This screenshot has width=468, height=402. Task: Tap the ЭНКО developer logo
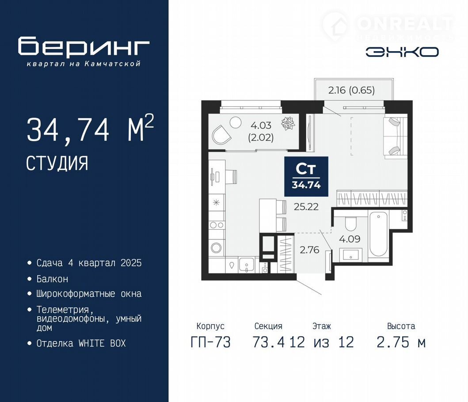(402, 52)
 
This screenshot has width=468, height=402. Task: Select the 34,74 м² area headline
(90, 129)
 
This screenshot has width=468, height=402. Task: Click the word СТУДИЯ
(57, 163)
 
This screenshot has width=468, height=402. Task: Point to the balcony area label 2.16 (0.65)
(351, 90)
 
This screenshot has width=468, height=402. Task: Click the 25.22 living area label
(306, 206)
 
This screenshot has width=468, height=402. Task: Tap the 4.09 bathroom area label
(350, 239)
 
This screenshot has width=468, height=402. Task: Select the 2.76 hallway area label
(309, 250)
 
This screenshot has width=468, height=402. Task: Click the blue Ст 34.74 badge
(306, 176)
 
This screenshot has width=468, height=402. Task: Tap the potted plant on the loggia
(288, 123)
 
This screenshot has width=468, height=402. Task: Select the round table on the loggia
(235, 122)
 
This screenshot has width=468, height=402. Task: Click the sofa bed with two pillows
(395, 136)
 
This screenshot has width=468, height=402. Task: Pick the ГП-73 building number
(210, 342)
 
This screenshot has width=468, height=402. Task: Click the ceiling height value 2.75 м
(401, 342)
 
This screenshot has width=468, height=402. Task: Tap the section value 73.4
(268, 342)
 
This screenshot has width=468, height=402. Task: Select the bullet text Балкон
(52, 279)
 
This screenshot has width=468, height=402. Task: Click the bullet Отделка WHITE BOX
(81, 343)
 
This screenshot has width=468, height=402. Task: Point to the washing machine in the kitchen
(216, 247)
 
